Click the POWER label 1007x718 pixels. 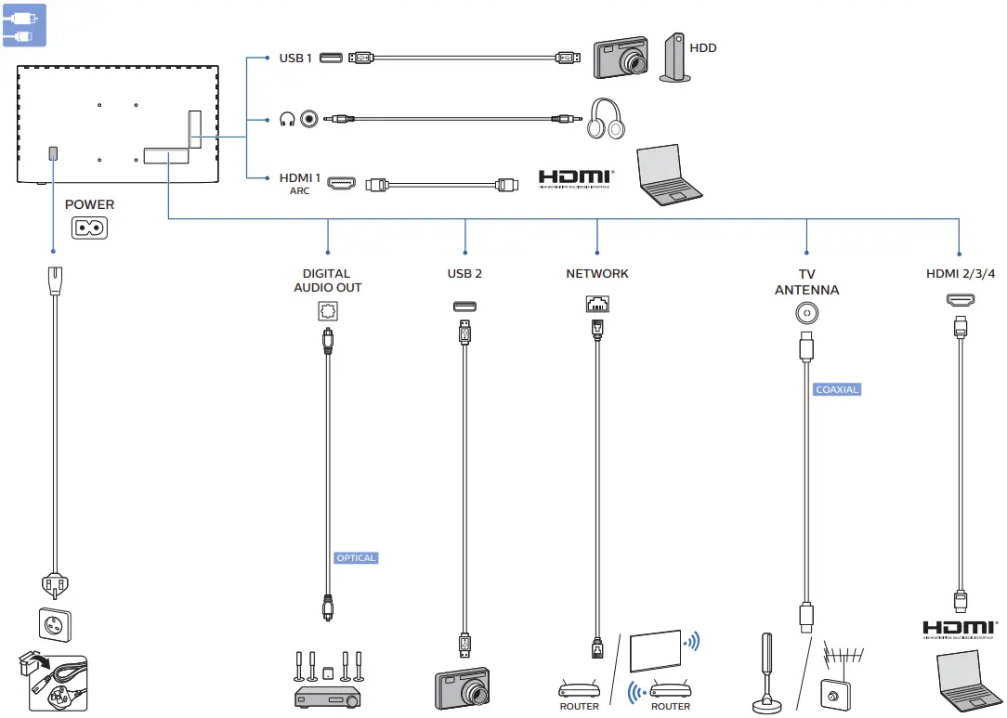pos(90,204)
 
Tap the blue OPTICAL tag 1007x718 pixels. pos(357,558)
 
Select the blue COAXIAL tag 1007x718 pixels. pos(836,390)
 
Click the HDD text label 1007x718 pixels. pos(703,47)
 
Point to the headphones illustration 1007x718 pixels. pos(607,119)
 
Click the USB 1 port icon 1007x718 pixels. pos(330,59)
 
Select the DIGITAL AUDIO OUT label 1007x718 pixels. pos(327,281)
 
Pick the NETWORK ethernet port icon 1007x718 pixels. pos(597,304)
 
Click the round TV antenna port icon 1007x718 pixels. pos(806,314)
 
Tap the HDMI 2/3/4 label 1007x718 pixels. pos(961,274)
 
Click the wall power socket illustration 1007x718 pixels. pos(53,625)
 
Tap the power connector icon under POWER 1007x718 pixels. pos(90,228)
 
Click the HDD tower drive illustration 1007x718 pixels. pos(675,59)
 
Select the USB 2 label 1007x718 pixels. pos(464,274)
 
